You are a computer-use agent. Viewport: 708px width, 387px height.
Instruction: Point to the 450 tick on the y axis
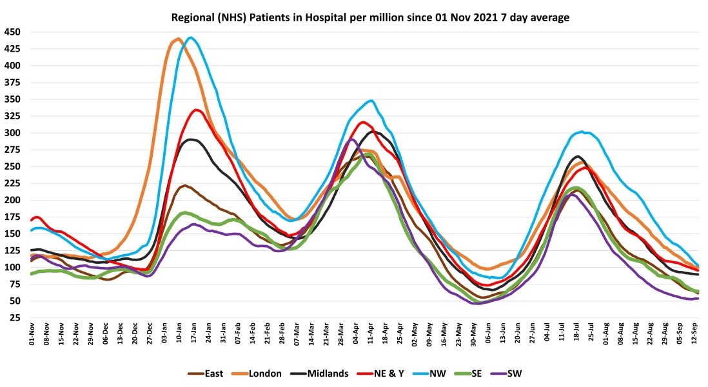click(12, 32)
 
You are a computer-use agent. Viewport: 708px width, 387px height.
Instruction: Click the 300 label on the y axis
click(12, 133)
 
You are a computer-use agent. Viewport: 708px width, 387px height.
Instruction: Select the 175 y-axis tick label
click(12, 217)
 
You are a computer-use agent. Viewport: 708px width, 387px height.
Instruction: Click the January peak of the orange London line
click(178, 39)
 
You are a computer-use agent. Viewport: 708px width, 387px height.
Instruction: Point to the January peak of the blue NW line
click(190, 37)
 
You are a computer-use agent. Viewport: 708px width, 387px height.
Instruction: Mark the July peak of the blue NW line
click(582, 132)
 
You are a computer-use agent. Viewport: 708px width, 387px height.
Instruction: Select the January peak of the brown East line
click(184, 185)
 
